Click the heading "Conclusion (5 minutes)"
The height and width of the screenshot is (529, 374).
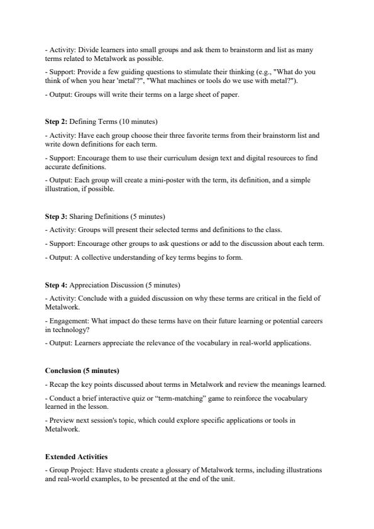pyautogui.click(x=82, y=370)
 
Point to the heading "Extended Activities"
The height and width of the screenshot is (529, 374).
pyautogui.click(x=77, y=456)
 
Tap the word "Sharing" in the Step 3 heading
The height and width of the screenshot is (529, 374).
pyautogui.click(x=82, y=216)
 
